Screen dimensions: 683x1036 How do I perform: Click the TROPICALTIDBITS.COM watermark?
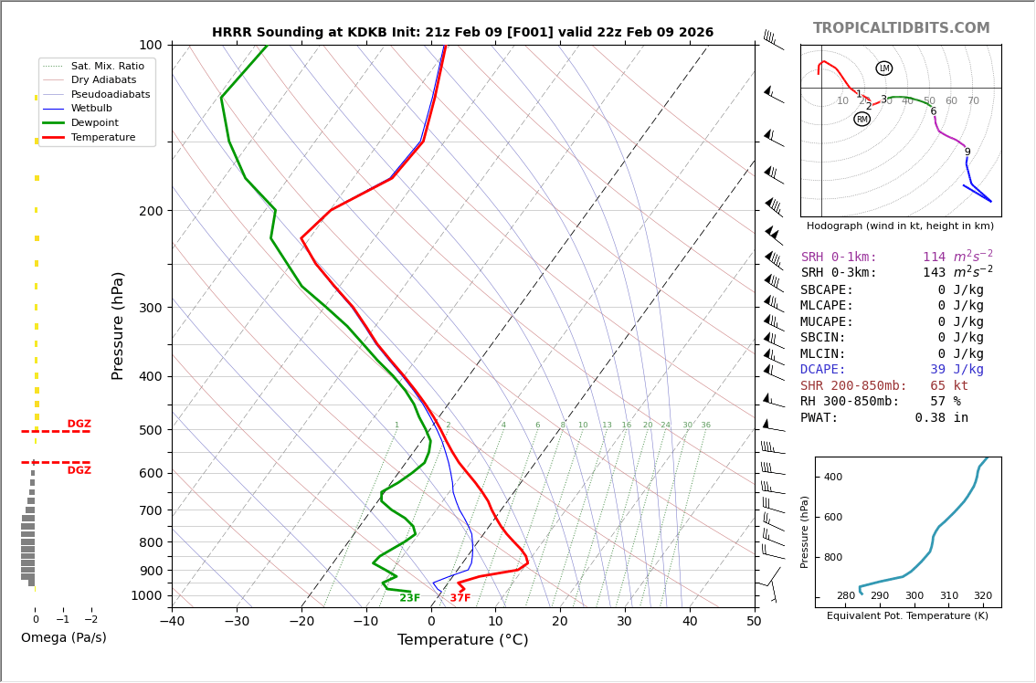(x=901, y=28)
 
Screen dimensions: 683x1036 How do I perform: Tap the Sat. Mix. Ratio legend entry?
(x=107, y=66)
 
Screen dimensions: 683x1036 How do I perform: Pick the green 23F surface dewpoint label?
(x=409, y=598)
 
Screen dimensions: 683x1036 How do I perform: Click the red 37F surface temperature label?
(x=460, y=598)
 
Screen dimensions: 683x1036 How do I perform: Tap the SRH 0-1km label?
(x=838, y=257)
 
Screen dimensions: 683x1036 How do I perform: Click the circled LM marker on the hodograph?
(x=883, y=68)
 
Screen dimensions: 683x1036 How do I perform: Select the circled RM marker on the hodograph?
(x=862, y=119)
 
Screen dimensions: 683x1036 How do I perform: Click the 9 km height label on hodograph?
(x=967, y=152)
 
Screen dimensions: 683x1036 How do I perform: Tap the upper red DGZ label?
(x=79, y=424)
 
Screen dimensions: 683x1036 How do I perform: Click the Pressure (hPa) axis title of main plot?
(x=119, y=325)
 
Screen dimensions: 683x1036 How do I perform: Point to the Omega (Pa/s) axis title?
(x=63, y=638)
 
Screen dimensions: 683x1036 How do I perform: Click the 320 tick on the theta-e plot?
(x=982, y=596)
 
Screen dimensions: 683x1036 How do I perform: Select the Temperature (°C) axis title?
(x=462, y=640)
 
